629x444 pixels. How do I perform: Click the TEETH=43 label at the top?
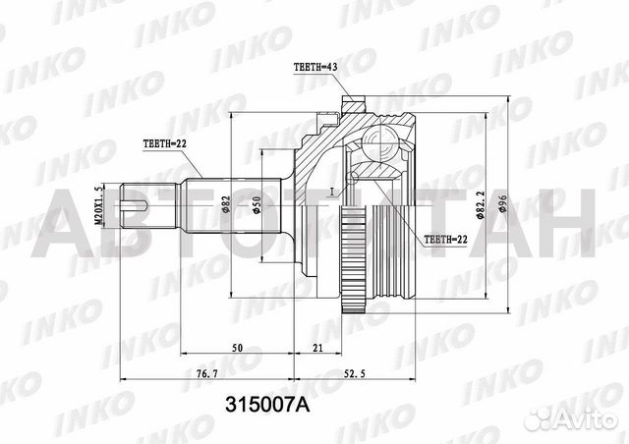point(315,67)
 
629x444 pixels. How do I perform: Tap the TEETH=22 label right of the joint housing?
point(445,239)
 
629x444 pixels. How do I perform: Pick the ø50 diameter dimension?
point(257,205)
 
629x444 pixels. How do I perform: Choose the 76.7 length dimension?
point(203,374)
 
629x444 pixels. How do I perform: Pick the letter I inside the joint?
point(333,190)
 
